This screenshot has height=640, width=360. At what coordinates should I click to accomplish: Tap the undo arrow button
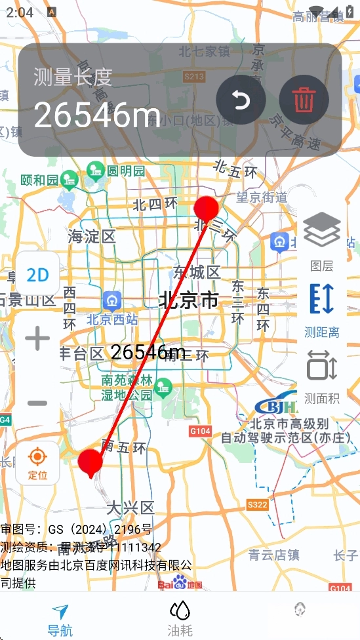tap(241, 100)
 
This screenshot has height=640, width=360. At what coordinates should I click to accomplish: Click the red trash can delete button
tap(303, 100)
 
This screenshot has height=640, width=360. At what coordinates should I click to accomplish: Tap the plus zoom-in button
tap(37, 339)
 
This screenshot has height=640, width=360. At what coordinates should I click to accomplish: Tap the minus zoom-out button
tap(37, 402)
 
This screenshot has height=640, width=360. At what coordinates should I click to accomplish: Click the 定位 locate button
tap(37, 462)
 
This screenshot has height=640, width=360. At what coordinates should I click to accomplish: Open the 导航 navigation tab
tap(60, 620)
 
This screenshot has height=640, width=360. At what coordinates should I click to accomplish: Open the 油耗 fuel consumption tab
tap(180, 620)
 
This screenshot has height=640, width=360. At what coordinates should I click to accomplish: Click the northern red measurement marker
tap(206, 209)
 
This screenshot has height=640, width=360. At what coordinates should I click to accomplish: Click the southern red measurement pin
tap(90, 462)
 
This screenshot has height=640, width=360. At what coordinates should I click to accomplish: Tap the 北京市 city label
tap(189, 301)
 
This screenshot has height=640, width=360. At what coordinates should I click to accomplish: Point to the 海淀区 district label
tap(91, 237)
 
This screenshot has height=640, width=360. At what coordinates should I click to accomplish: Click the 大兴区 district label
tap(130, 508)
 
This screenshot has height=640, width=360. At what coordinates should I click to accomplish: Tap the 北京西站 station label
tap(112, 321)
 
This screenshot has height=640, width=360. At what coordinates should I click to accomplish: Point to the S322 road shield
tap(258, 504)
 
